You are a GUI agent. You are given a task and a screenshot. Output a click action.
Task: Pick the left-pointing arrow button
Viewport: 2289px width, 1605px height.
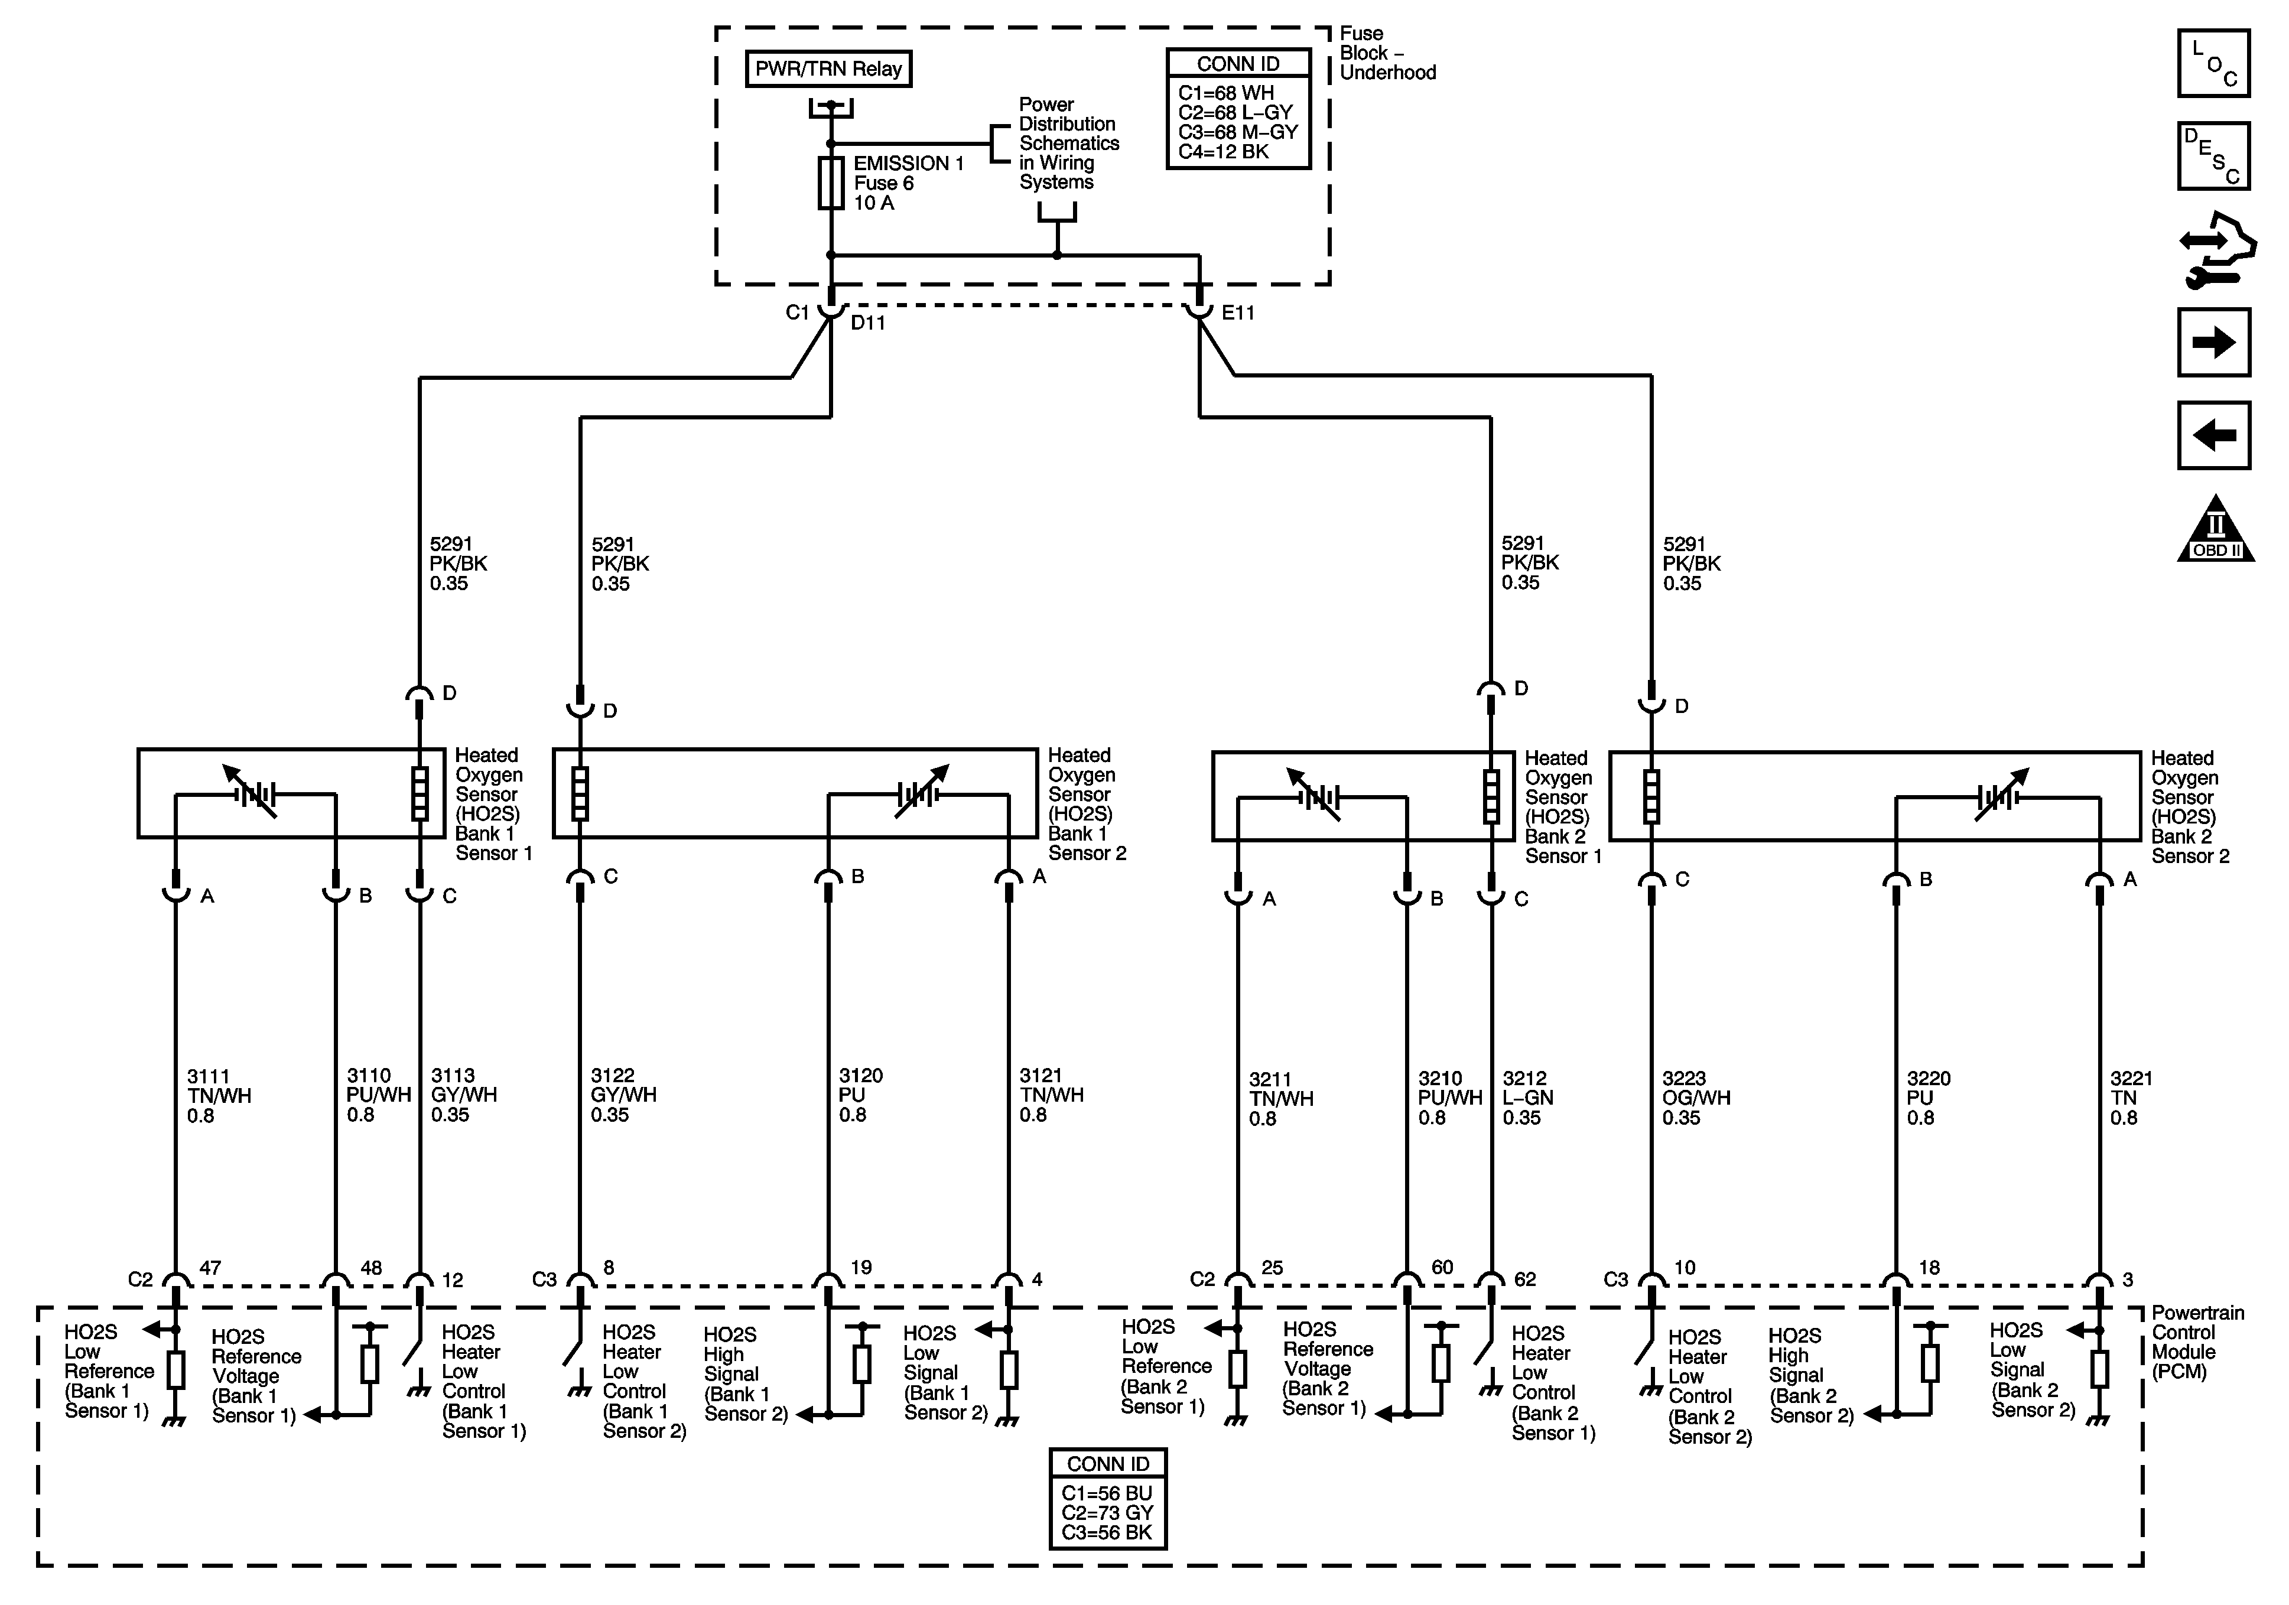coord(2213,435)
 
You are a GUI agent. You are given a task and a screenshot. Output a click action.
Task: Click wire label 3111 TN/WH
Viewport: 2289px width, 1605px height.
coord(219,1096)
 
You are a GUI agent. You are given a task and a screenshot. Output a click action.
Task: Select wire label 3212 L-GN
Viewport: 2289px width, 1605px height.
coord(1527,1098)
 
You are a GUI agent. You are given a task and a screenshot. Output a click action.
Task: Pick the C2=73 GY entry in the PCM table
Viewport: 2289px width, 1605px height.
coord(1107,1512)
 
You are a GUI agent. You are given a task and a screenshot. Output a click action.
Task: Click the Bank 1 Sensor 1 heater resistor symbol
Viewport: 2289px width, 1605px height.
coord(420,793)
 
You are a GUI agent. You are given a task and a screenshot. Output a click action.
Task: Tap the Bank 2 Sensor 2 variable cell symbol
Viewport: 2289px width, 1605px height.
coord(1998,796)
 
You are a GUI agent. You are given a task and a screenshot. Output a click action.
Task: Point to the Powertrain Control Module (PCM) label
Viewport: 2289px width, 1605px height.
coord(2196,1342)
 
